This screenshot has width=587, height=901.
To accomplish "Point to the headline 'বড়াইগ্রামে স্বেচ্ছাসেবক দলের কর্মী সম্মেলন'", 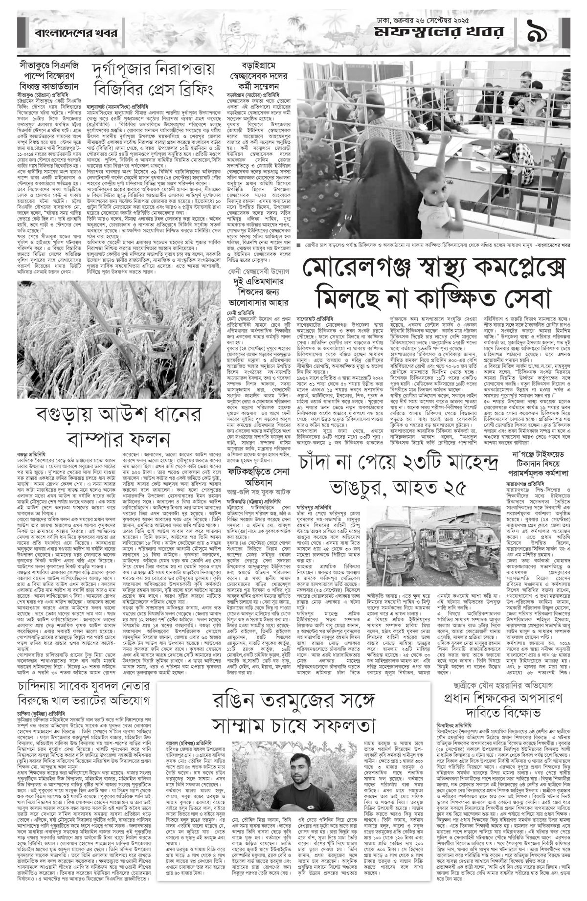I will (254, 76).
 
